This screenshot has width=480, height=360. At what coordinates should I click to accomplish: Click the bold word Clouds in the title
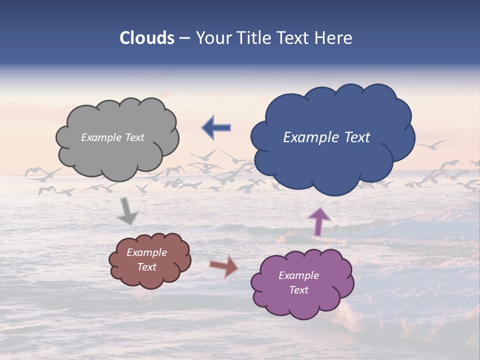pyautogui.click(x=147, y=38)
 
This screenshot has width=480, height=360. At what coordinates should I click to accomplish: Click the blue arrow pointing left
pyautogui.click(x=216, y=128)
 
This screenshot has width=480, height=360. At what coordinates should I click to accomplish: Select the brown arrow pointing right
pyautogui.click(x=224, y=266)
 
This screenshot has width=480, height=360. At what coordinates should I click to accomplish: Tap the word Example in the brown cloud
pyautogui.click(x=146, y=252)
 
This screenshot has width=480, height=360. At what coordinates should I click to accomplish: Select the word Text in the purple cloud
pyautogui.click(x=298, y=290)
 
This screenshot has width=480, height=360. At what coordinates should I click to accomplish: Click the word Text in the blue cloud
pyautogui.click(x=357, y=137)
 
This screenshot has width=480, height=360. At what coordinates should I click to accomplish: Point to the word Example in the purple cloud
pyautogui.click(x=298, y=275)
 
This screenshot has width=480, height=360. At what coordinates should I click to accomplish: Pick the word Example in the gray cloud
pyautogui.click(x=100, y=137)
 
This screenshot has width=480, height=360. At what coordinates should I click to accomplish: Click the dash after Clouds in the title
pyautogui.click(x=184, y=38)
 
